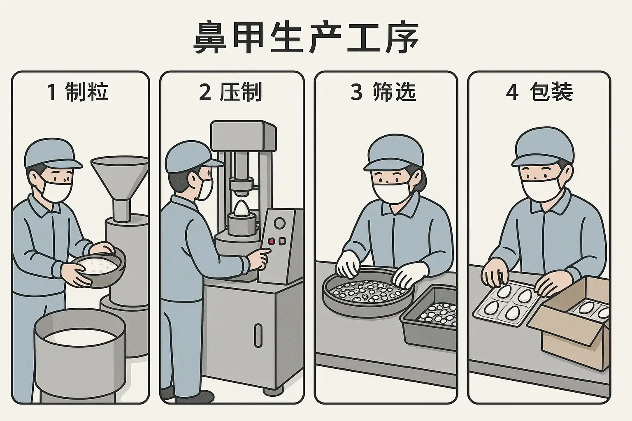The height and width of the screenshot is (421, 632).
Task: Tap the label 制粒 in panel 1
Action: coord(87,92)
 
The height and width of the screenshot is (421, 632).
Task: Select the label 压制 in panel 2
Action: coord(241,92)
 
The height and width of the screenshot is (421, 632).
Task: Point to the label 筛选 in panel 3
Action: coord(394,92)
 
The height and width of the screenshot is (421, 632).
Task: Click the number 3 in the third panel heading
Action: coord(356,92)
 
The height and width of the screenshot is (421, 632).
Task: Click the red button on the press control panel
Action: coord(272,241)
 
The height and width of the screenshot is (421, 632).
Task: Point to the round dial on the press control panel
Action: coord(279,223)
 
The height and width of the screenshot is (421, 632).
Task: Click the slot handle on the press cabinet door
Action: coord(258,335)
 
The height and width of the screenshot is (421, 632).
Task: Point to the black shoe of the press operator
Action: coord(195,396)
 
